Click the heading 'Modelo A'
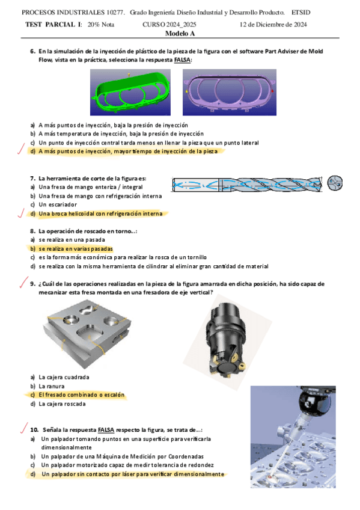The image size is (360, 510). click(180, 33)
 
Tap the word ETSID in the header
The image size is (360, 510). click(301, 13)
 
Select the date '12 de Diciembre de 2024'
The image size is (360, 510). click(273, 25)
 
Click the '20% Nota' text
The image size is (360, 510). click(101, 25)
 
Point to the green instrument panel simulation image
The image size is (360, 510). click(130, 93)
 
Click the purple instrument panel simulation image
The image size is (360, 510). click(230, 93)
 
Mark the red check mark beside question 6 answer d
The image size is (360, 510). click(21, 149)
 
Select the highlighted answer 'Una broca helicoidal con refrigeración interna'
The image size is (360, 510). click(100, 214)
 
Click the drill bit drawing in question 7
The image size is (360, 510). click(247, 185)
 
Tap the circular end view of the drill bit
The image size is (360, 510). click(335, 183)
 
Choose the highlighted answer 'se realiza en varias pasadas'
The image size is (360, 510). click(76, 249)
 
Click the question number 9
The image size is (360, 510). click(32, 284)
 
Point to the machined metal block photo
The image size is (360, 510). click(87, 334)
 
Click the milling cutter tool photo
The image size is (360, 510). click(227, 342)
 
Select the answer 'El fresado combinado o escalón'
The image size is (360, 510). click(81, 395)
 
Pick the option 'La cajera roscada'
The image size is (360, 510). click(62, 404)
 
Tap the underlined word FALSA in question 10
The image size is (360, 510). click(106, 430)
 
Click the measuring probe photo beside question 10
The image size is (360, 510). click(293, 437)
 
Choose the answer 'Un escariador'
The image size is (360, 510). click(58, 204)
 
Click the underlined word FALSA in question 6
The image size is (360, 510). click(182, 60)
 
